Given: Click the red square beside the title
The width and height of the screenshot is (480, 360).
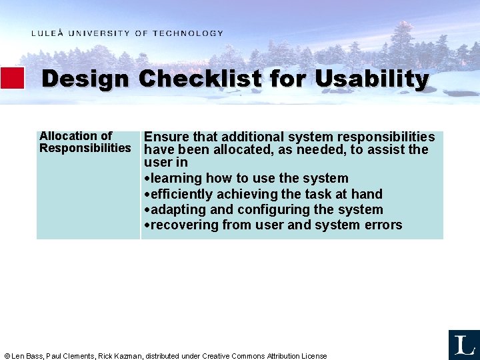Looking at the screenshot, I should coord(13,78).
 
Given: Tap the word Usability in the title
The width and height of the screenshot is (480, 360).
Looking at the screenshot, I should coord(371,79).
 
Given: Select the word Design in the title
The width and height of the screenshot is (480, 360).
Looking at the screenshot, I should coord(85,79).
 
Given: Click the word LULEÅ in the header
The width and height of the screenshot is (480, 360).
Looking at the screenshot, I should coord(47,33).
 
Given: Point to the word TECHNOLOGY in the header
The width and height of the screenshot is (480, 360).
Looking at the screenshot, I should coord(188,33).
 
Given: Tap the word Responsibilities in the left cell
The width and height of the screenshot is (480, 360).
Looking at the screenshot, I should coord(85,148).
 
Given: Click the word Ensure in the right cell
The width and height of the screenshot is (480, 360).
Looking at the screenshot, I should coord(166,137).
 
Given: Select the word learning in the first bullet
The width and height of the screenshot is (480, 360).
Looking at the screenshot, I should coord(177,179).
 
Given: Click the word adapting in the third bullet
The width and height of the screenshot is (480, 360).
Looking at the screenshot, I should coord(177,210).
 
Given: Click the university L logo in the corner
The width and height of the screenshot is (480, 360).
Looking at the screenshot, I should coord(463,345).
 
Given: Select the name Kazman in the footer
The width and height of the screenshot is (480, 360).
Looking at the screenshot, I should coord(129,356).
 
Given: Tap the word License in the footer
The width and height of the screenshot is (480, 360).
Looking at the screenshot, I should coord(313,356).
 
